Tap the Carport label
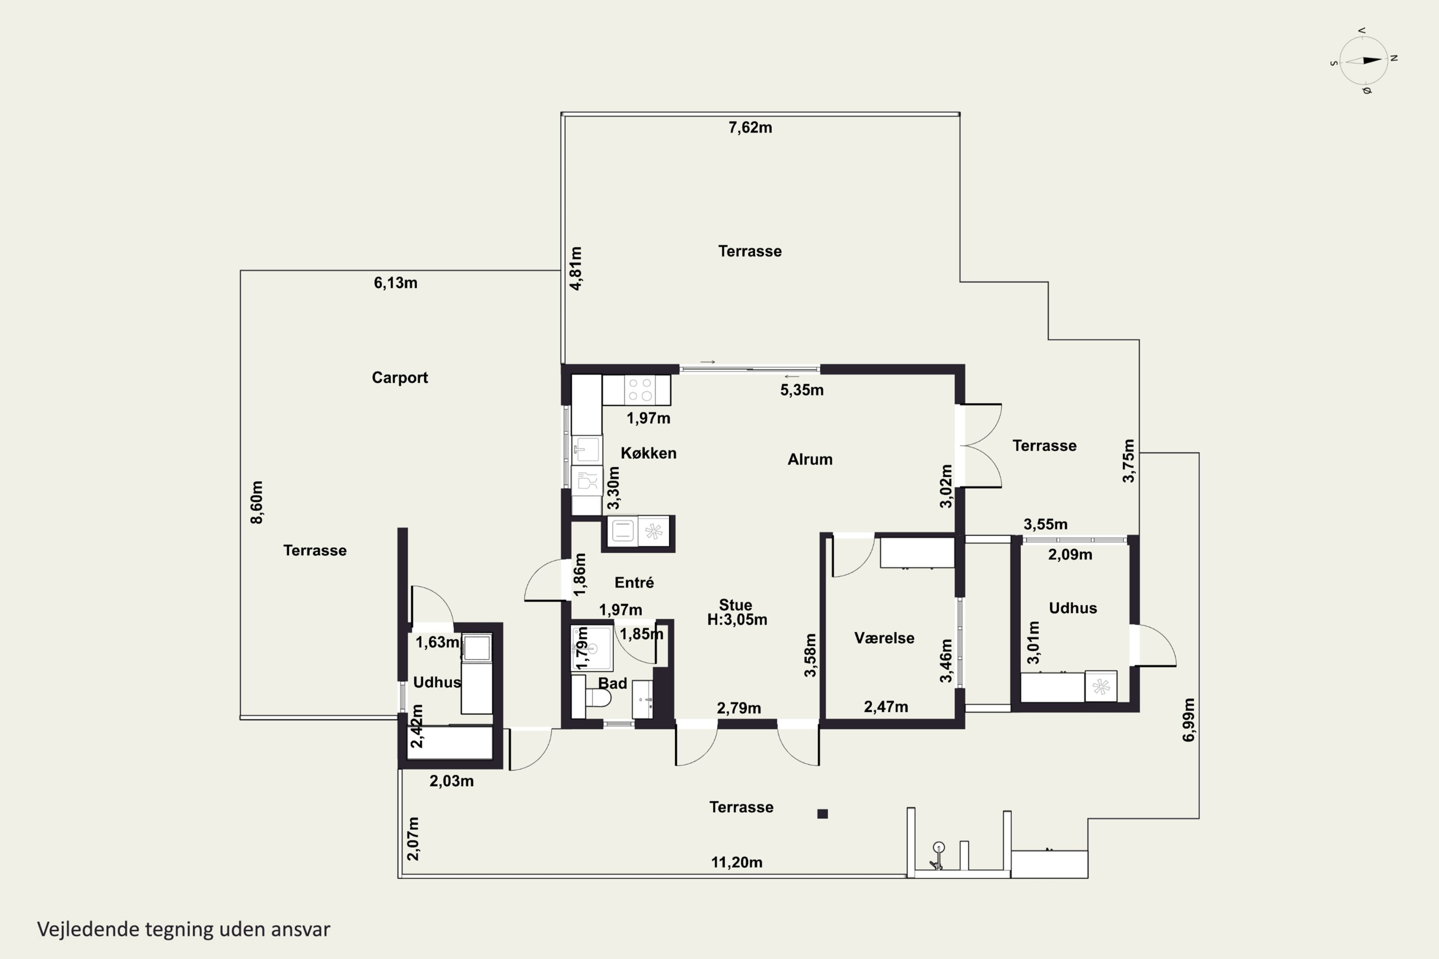(400, 377)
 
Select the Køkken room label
(649, 453)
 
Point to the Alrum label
(810, 459)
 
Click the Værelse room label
(884, 638)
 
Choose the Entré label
(634, 582)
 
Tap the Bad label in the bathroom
(613, 683)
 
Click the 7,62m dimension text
(750, 128)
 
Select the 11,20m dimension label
(737, 862)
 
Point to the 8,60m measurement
(257, 502)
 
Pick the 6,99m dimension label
(1188, 720)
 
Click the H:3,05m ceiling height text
(737, 620)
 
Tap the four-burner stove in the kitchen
(640, 389)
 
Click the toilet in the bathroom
(598, 698)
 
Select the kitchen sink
(587, 450)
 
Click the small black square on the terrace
(822, 813)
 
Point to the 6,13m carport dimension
(396, 283)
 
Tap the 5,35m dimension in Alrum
(802, 390)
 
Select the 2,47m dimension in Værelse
(886, 707)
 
